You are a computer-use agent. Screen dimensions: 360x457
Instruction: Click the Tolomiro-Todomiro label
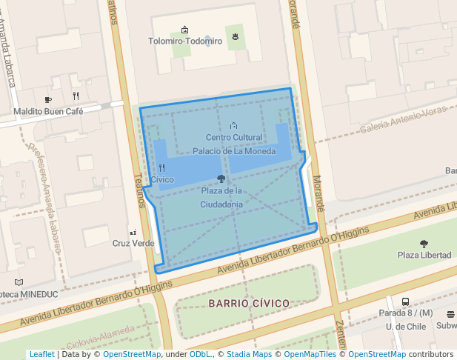click(185, 41)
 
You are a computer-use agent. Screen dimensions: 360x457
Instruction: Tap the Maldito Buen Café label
click(48, 111)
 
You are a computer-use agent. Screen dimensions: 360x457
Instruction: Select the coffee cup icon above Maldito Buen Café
click(48, 99)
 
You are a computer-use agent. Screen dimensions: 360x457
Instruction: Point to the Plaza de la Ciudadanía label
click(221, 197)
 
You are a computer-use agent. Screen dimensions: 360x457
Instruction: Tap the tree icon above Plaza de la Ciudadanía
click(221, 179)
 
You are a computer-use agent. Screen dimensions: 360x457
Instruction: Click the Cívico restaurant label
click(162, 180)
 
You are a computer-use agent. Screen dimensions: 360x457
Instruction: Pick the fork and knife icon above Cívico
click(162, 168)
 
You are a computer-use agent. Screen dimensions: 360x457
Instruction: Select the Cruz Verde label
click(133, 244)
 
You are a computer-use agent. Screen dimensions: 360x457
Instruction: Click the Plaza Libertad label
click(424, 256)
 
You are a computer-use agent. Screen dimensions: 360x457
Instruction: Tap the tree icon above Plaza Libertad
click(424, 244)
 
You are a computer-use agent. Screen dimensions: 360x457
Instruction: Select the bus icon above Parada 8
click(405, 301)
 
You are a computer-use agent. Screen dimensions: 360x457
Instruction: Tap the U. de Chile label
click(404, 327)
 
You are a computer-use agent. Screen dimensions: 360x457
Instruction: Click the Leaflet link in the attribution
click(41, 355)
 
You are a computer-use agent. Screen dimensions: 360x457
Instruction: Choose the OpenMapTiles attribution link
click(306, 355)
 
